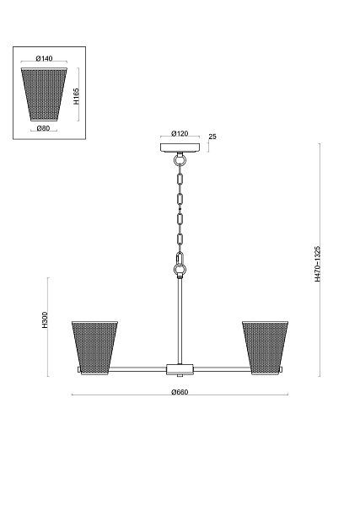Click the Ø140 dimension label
(x=44, y=58)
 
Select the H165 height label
(x=76, y=96)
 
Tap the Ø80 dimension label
(x=43, y=128)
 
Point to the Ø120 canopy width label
(x=180, y=133)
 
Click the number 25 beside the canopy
(x=212, y=137)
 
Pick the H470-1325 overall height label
(x=317, y=264)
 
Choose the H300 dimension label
(x=45, y=319)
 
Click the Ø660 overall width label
(x=180, y=392)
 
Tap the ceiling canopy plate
(x=180, y=148)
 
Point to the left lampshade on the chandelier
(x=94, y=347)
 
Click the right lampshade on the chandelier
(x=266, y=347)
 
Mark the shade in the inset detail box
(x=44, y=94)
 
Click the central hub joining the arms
(x=180, y=369)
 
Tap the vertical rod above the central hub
(x=180, y=321)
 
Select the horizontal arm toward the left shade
(x=137, y=369)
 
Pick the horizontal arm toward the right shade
(x=223, y=369)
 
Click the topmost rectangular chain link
(x=180, y=179)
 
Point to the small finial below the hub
(x=180, y=376)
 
